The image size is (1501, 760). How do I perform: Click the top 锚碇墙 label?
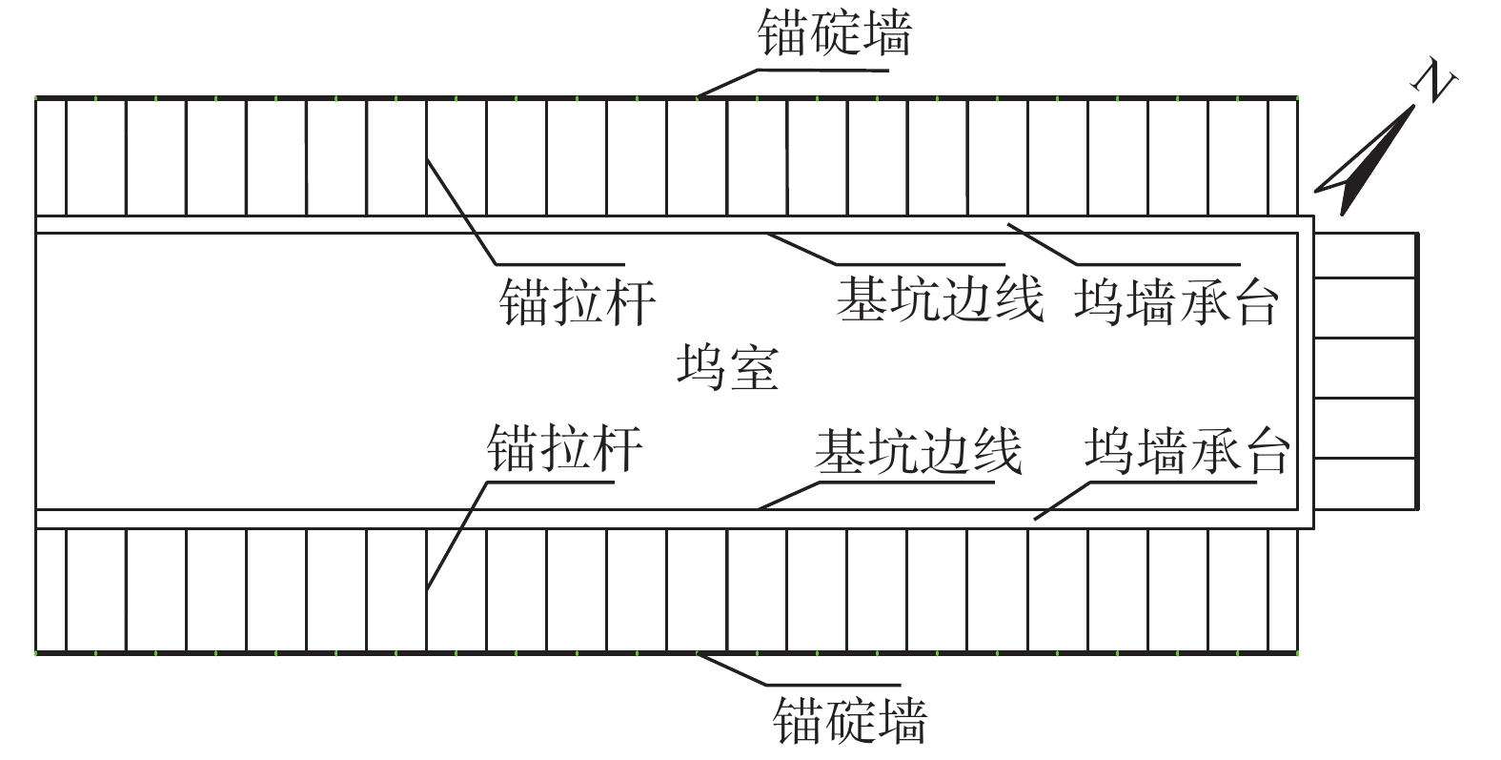834,34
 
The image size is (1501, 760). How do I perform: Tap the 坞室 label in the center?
728,367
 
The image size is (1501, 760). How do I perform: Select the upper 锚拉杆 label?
578,302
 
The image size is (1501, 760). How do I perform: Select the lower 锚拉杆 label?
564,448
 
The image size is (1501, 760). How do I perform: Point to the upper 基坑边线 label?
940,299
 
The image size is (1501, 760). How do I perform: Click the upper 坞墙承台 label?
1175,302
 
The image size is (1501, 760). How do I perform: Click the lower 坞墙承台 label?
1187,451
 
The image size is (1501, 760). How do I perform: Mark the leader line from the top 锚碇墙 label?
729,82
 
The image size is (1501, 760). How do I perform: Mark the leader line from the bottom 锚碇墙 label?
734,669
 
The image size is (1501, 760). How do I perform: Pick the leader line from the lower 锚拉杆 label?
456,534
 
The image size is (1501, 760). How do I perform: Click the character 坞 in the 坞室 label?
702,367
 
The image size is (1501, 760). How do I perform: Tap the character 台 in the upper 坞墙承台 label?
1252,302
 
